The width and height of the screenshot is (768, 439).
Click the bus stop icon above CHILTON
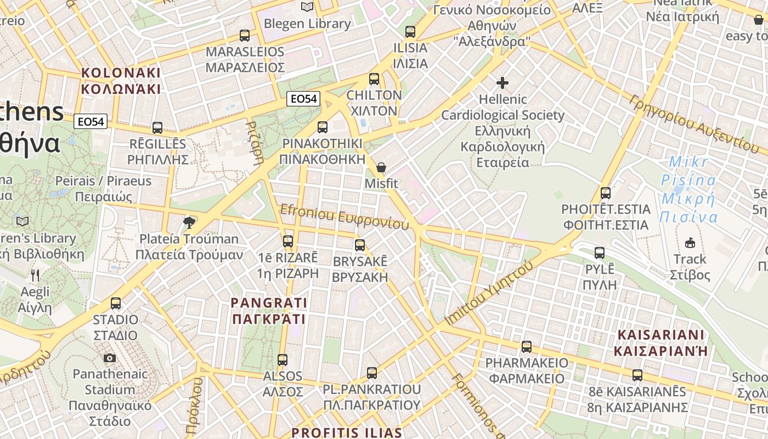(374, 79)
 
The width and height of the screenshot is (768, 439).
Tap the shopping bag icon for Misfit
(381, 167)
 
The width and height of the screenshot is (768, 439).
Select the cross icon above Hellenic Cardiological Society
(502, 83)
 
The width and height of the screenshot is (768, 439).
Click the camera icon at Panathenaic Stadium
(110, 358)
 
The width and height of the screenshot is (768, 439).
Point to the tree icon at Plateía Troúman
(189, 222)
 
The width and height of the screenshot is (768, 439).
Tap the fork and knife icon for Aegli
(35, 275)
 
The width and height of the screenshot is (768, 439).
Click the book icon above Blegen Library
(307, 7)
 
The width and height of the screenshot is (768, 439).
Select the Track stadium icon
(690, 243)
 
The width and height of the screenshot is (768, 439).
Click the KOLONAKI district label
(121, 81)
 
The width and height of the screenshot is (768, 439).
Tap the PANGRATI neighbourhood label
(269, 311)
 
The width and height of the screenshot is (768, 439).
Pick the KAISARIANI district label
(660, 343)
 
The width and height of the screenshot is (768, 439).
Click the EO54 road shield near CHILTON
(303, 99)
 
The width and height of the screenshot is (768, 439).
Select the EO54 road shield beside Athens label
(91, 122)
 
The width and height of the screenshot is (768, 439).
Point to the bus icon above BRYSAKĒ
(360, 245)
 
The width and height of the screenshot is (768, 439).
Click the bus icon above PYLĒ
(600, 253)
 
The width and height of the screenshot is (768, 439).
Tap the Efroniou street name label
(345, 218)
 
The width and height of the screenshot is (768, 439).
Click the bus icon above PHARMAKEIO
(527, 347)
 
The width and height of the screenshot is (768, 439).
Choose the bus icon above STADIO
(116, 303)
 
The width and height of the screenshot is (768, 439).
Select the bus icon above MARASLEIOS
(245, 36)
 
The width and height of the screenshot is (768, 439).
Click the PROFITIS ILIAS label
(347, 432)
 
